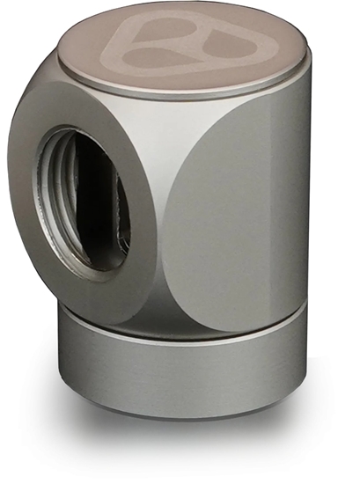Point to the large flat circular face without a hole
(x=238, y=220)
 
